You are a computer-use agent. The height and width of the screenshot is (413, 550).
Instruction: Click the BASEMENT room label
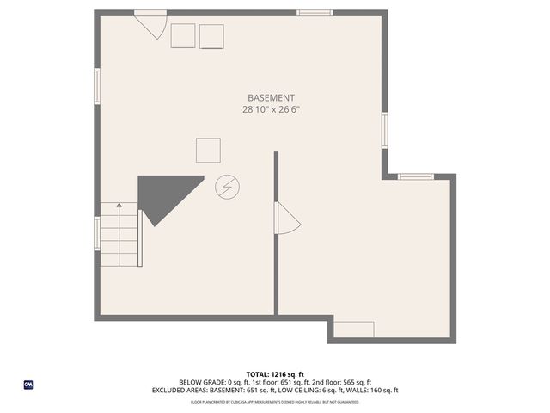[271, 97]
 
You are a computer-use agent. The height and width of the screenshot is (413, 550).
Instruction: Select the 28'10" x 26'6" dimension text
[271, 109]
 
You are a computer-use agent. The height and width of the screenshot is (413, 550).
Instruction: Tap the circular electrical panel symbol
[228, 186]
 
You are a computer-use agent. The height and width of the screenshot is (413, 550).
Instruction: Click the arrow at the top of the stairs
[119, 206]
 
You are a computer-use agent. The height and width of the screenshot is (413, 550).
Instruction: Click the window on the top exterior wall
[315, 13]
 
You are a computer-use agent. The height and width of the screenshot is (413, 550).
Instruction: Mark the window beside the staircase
[97, 232]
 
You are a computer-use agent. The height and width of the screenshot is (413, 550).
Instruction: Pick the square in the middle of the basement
[208, 150]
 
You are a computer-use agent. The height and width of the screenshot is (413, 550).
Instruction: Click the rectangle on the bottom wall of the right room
[353, 330]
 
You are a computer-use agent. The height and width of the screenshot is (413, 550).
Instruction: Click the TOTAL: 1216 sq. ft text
[275, 374]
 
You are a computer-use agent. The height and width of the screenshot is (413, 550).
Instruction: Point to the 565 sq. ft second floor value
[356, 382]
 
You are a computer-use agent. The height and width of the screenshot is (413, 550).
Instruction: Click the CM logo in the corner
[28, 385]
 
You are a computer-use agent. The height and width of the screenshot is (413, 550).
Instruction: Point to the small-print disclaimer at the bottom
[275, 401]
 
